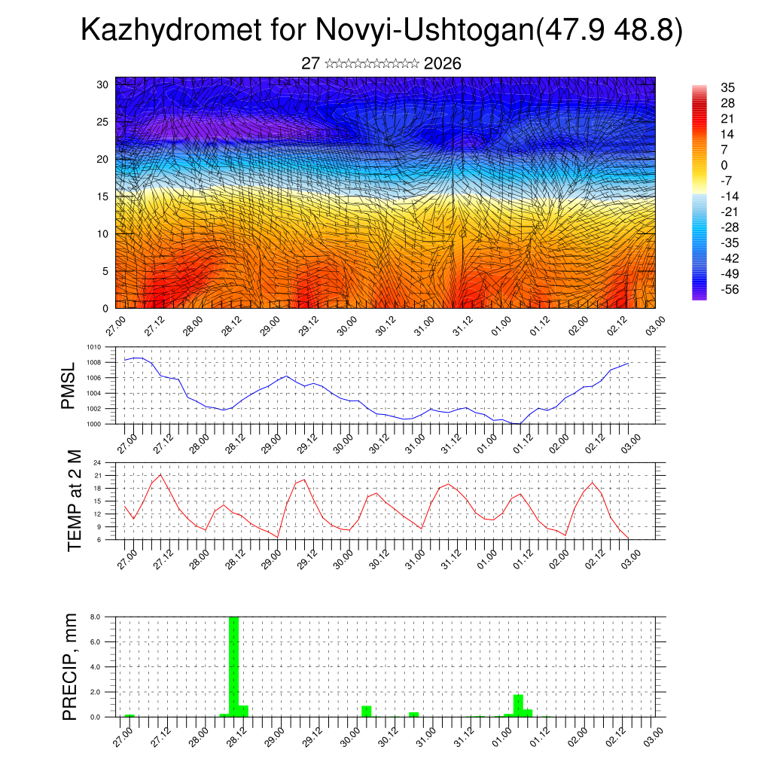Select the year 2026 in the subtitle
pos(443,64)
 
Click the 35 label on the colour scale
pos(727,87)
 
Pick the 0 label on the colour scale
pos(724,165)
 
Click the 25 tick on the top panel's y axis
pos(103,122)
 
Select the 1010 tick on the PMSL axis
pos(93,348)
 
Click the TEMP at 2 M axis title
pos(74,501)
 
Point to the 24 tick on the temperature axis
pos(97,463)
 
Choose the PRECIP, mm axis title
pos(70,666)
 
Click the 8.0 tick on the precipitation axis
pos(96,617)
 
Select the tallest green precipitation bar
pos(233,666)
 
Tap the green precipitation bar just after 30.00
pos(366,711)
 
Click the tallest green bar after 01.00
pos(518,705)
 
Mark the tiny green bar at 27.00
pos(130,715)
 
